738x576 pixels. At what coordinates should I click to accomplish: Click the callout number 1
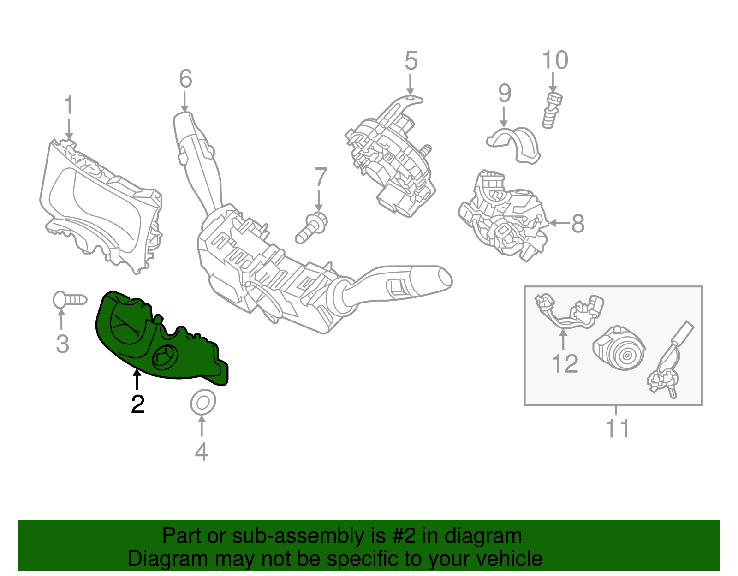(x=69, y=106)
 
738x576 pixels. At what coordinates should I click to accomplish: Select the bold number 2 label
(x=137, y=404)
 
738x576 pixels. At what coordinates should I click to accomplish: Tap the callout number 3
(x=62, y=344)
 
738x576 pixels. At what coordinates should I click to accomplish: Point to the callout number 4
(x=202, y=451)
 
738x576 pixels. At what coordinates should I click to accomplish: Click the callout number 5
(x=411, y=61)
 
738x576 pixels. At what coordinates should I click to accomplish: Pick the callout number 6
(x=185, y=79)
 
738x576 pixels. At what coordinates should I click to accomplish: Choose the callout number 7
(x=321, y=178)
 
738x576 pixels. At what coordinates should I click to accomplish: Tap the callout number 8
(x=577, y=224)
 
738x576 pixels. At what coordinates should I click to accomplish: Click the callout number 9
(x=505, y=94)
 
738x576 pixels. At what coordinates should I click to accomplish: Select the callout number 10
(x=555, y=60)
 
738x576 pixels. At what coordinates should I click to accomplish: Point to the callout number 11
(x=617, y=429)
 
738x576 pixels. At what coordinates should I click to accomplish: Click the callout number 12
(x=565, y=364)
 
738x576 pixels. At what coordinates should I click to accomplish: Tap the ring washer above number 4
(x=203, y=403)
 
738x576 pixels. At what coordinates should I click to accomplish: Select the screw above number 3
(x=69, y=300)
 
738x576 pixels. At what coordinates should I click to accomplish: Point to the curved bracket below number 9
(x=514, y=143)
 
